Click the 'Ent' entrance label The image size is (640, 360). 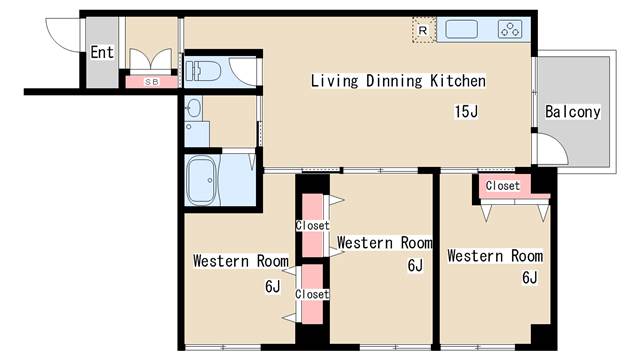click(x=102, y=52)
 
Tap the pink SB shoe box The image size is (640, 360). click(x=151, y=82)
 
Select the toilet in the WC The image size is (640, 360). click(x=203, y=71)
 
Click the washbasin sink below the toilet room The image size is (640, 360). click(x=193, y=109)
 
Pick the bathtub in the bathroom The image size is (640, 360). click(x=201, y=180)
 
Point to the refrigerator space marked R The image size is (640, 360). click(x=423, y=30)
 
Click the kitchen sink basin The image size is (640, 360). click(x=461, y=29)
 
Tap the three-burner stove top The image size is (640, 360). click(x=510, y=29)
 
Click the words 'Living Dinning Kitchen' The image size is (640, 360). click(x=398, y=80)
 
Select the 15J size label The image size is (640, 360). click(x=466, y=111)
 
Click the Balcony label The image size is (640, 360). click(x=573, y=112)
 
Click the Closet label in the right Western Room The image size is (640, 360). click(x=502, y=186)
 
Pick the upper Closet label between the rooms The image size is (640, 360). click(x=312, y=225)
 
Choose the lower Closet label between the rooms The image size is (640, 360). click(x=312, y=294)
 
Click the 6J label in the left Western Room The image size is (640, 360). click(x=273, y=287)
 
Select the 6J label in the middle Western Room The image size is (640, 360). click(x=415, y=265)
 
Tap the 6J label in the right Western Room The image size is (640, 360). click(x=530, y=278)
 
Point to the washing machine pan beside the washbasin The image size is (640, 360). click(x=197, y=134)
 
